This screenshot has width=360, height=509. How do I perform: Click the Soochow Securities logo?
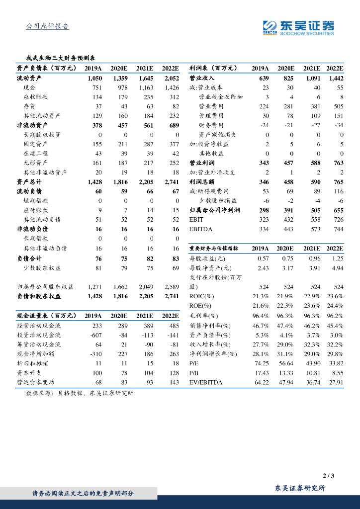298,28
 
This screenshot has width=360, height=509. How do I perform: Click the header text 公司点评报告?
47,26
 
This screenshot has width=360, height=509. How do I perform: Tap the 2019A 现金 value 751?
94,87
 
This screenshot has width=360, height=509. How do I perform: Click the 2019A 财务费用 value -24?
262,125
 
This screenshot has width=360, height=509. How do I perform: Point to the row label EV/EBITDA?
206,382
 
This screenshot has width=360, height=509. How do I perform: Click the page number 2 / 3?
328,476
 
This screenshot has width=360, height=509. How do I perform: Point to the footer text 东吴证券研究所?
300,488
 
